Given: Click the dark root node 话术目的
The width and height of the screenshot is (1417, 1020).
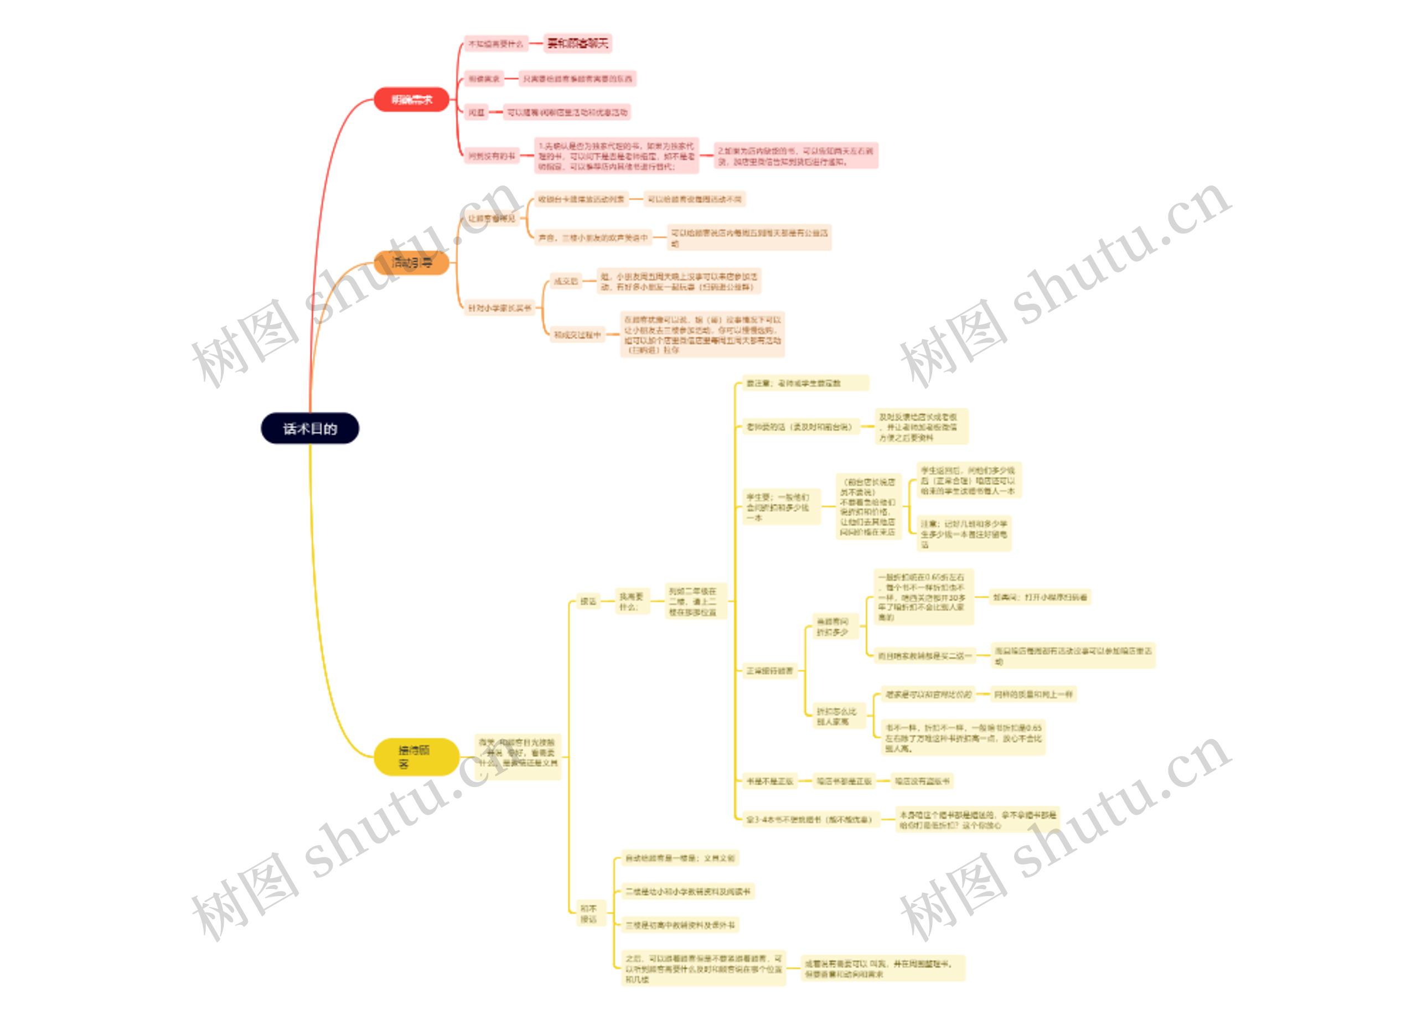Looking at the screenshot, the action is pyautogui.click(x=310, y=428).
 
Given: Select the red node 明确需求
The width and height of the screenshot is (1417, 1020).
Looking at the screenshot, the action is pyautogui.click(x=411, y=99).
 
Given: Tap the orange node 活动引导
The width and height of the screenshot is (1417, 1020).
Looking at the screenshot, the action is pyautogui.click(x=411, y=262).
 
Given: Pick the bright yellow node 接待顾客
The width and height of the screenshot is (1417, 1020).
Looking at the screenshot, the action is pyautogui.click(x=416, y=757).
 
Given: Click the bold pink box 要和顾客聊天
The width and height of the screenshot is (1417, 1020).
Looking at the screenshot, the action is pyautogui.click(x=577, y=43).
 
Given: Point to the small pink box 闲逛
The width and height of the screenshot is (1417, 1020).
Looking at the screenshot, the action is pyautogui.click(x=476, y=112).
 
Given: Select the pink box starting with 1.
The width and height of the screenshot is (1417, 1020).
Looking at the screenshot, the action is pyautogui.click(x=616, y=156).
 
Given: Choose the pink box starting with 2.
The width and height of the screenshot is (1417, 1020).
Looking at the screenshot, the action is pyautogui.click(x=795, y=156).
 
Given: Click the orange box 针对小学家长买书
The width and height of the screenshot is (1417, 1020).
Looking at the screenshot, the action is pyautogui.click(x=499, y=308).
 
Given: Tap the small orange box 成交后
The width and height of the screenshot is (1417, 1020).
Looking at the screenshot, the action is pyautogui.click(x=566, y=282).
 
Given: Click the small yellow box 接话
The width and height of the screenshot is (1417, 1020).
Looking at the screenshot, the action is pyautogui.click(x=588, y=602).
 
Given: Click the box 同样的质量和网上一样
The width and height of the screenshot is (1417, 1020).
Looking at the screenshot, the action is pyautogui.click(x=1033, y=694).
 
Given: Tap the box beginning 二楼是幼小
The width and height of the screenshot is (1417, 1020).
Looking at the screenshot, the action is pyautogui.click(x=687, y=892).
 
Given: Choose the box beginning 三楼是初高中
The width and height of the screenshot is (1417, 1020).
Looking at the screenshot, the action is pyautogui.click(x=680, y=925).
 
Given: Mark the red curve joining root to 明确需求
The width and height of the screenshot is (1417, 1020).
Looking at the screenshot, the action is pyautogui.click(x=325, y=188).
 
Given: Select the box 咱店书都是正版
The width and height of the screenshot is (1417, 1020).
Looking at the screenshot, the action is pyautogui.click(x=844, y=781).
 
